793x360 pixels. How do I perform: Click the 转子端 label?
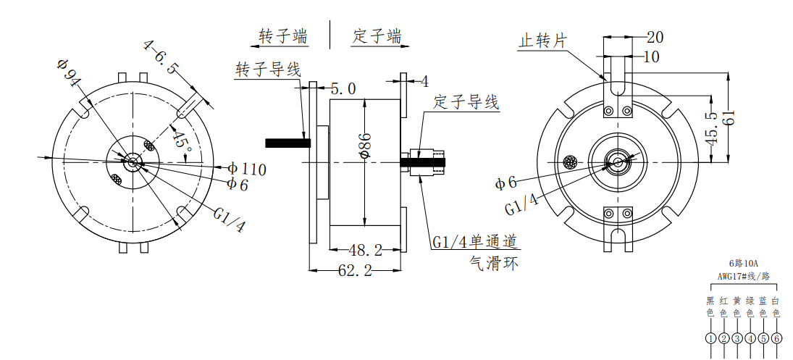(x=283, y=35)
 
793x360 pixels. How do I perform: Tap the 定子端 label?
(x=377, y=35)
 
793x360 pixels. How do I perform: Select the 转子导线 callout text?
(x=267, y=70)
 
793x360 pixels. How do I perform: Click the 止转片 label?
(x=541, y=41)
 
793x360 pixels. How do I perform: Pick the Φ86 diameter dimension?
(x=365, y=145)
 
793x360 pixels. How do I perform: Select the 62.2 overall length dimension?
(x=355, y=272)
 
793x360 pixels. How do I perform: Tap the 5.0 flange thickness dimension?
(x=343, y=89)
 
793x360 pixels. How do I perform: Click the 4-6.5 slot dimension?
(x=161, y=56)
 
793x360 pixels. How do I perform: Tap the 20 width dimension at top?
(x=655, y=37)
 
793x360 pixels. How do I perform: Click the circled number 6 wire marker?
(x=776, y=338)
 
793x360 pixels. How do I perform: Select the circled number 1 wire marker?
(x=710, y=338)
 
